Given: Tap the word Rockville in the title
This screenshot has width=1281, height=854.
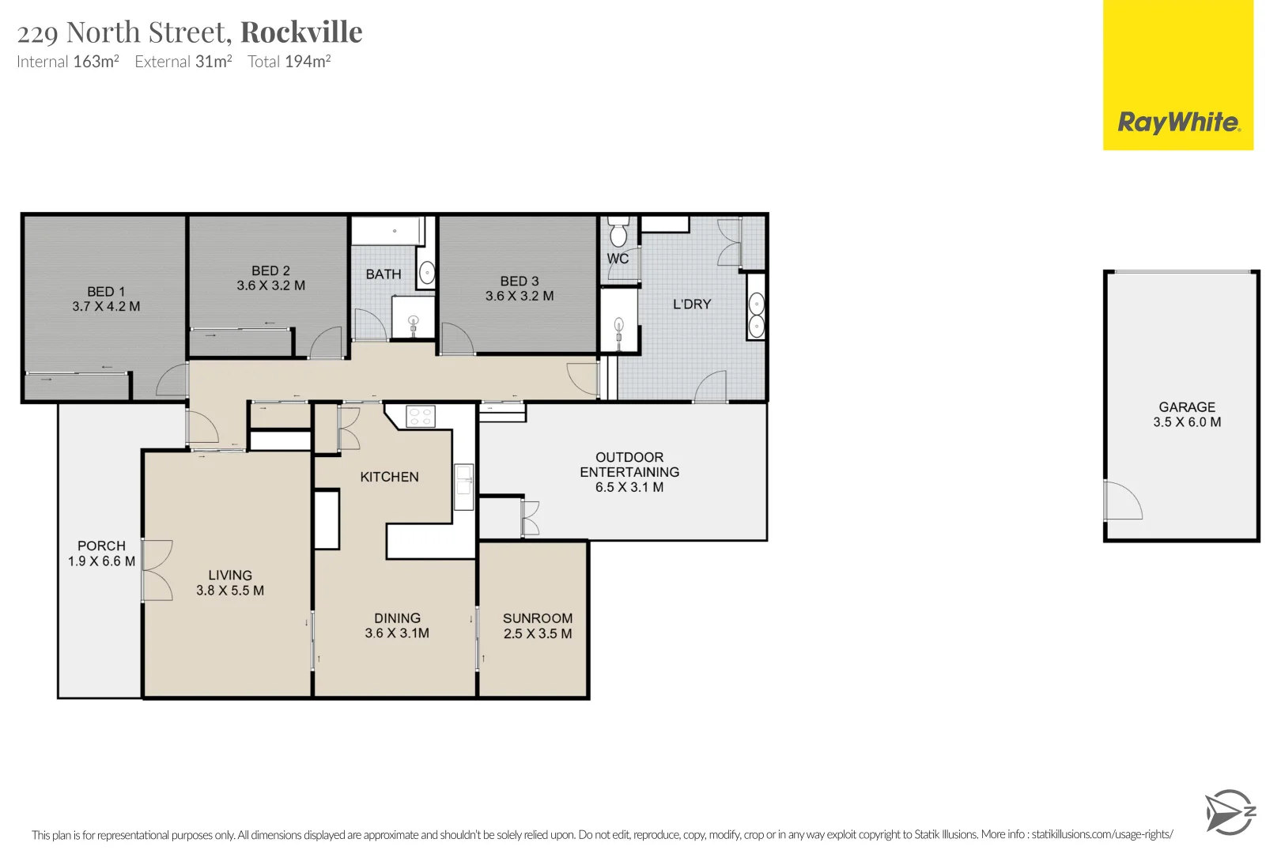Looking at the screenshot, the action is pyautogui.click(x=301, y=32).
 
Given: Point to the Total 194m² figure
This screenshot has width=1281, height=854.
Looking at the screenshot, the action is pyautogui.click(x=289, y=61).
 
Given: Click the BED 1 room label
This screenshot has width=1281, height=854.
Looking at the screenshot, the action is pyautogui.click(x=106, y=291).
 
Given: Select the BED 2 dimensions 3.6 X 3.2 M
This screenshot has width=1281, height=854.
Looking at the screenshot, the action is pyautogui.click(x=271, y=285).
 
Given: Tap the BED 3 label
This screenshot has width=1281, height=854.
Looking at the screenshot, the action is pyautogui.click(x=520, y=281).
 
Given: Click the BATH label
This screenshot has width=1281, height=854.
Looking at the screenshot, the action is pyautogui.click(x=384, y=274).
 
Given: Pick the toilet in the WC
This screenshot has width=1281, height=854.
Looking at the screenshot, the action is pyautogui.click(x=618, y=232).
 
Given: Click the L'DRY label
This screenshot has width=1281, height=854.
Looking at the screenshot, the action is pyautogui.click(x=692, y=304).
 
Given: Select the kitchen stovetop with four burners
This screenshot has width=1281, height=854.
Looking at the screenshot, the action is pyautogui.click(x=421, y=417).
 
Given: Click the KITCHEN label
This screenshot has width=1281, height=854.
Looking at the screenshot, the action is pyautogui.click(x=390, y=477).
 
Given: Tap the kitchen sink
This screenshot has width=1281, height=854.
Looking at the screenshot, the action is pyautogui.click(x=464, y=487).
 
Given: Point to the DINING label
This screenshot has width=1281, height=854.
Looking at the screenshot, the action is pyautogui.click(x=397, y=618).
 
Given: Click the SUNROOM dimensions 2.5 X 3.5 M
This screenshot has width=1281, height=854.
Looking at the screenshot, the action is pyautogui.click(x=538, y=633).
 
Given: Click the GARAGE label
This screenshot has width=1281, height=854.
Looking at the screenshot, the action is pyautogui.click(x=1187, y=406).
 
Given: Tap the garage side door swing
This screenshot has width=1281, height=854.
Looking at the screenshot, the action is pyautogui.click(x=1123, y=501).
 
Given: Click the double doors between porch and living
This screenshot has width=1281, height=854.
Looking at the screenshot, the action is pyautogui.click(x=157, y=570).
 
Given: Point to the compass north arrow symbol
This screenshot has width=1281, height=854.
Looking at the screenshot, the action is pyautogui.click(x=1230, y=812).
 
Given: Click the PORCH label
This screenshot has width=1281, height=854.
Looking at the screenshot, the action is pyautogui.click(x=101, y=546).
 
